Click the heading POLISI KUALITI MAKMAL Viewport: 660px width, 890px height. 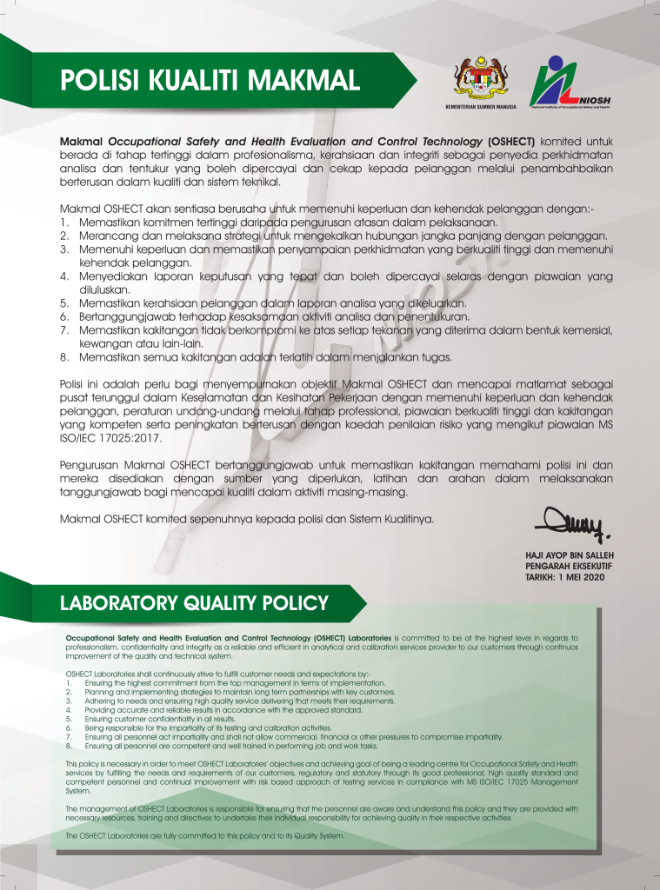point(210,81)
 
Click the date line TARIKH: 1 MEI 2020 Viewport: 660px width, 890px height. point(563,575)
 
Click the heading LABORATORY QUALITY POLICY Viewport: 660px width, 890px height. point(193,602)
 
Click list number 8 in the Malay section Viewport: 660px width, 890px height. point(63,357)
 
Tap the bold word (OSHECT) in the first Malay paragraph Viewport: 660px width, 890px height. point(511,141)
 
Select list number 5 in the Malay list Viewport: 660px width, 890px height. point(63,302)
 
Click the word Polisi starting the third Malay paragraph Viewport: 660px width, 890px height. point(73,384)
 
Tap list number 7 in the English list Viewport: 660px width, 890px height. point(69,736)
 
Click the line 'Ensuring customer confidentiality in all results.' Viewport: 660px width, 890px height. point(161,720)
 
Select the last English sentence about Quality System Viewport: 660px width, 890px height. point(205,835)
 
